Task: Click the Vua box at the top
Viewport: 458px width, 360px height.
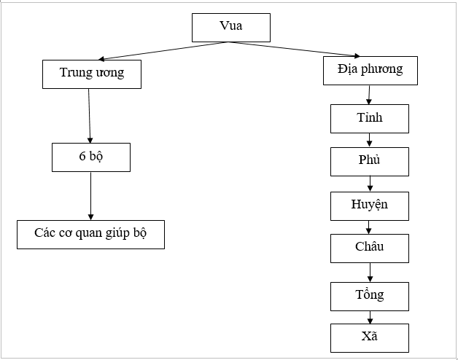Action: tap(230, 27)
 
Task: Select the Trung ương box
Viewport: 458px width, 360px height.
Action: tap(90, 74)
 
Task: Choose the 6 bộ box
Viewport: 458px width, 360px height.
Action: tap(91, 157)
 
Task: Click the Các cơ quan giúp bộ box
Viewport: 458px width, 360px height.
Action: tap(90, 234)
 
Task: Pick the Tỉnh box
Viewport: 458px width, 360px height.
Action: tap(370, 118)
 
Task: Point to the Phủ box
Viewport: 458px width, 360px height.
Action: tap(370, 161)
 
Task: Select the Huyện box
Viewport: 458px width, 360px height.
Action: tap(370, 205)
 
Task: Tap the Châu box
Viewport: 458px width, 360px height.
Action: tap(370, 248)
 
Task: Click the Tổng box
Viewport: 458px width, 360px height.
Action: tap(370, 296)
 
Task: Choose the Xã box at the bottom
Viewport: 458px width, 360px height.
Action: tap(370, 338)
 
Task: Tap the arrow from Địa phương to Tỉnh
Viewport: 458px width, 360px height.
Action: tap(370, 95)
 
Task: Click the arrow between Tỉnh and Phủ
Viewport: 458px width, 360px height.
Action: tap(370, 140)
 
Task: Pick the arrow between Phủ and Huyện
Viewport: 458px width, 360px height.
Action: tap(370, 183)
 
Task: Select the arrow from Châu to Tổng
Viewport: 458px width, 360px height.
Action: tap(370, 272)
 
